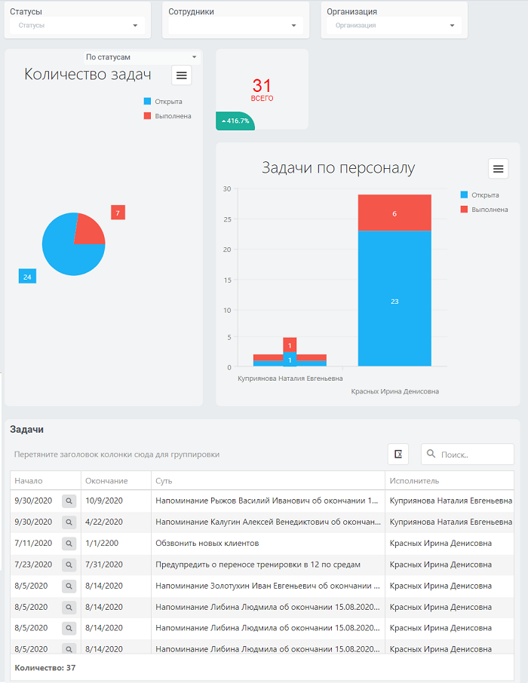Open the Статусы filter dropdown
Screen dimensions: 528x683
pos(77,26)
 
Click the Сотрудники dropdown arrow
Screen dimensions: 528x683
pos(294,26)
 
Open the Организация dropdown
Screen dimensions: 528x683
pos(394,26)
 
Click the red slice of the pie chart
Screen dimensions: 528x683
pos(88,230)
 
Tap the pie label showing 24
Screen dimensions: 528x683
pos(27,277)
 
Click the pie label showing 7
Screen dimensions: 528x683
pos(118,213)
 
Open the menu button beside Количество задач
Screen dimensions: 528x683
pos(181,75)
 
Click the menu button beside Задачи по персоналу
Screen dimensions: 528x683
pos(499,169)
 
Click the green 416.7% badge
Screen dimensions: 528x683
pos(235,121)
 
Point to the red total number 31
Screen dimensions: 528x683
pos(262,85)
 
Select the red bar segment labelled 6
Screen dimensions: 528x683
pos(394,213)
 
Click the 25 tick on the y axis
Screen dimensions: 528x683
pos(227,219)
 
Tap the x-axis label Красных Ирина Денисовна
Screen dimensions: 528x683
pos(395,391)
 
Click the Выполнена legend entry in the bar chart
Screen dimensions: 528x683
pos(484,210)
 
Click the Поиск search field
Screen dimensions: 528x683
pos(468,455)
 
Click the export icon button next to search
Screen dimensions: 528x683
pos(398,455)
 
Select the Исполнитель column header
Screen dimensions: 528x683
pos(414,481)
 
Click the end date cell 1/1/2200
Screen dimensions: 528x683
pos(102,544)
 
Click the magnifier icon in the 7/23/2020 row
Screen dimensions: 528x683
pos(69,565)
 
